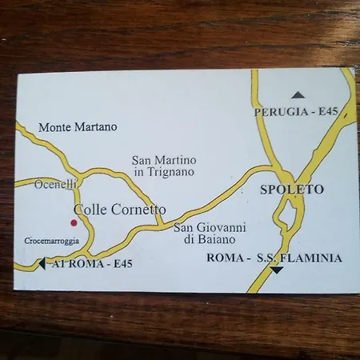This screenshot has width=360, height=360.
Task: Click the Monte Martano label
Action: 78,126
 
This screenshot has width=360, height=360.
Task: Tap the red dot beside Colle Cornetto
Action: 74,222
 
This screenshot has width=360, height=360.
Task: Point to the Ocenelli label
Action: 56,184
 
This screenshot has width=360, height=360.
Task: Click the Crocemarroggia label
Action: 51,240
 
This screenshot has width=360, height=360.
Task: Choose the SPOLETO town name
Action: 292,190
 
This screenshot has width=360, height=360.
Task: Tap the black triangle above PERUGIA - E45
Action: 298,95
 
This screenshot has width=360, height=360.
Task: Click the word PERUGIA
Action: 280,112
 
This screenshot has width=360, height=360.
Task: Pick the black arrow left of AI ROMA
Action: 41,262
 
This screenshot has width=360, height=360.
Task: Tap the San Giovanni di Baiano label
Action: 210,233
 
